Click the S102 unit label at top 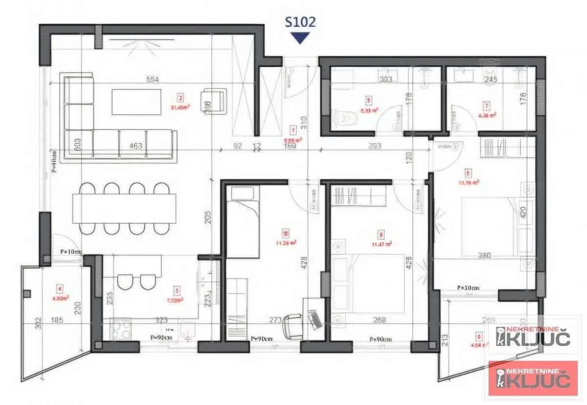pos(300,21)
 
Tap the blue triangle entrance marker pos(300,38)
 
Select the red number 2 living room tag pos(181,97)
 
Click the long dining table pos(124,208)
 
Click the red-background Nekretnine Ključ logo pos(533,378)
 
